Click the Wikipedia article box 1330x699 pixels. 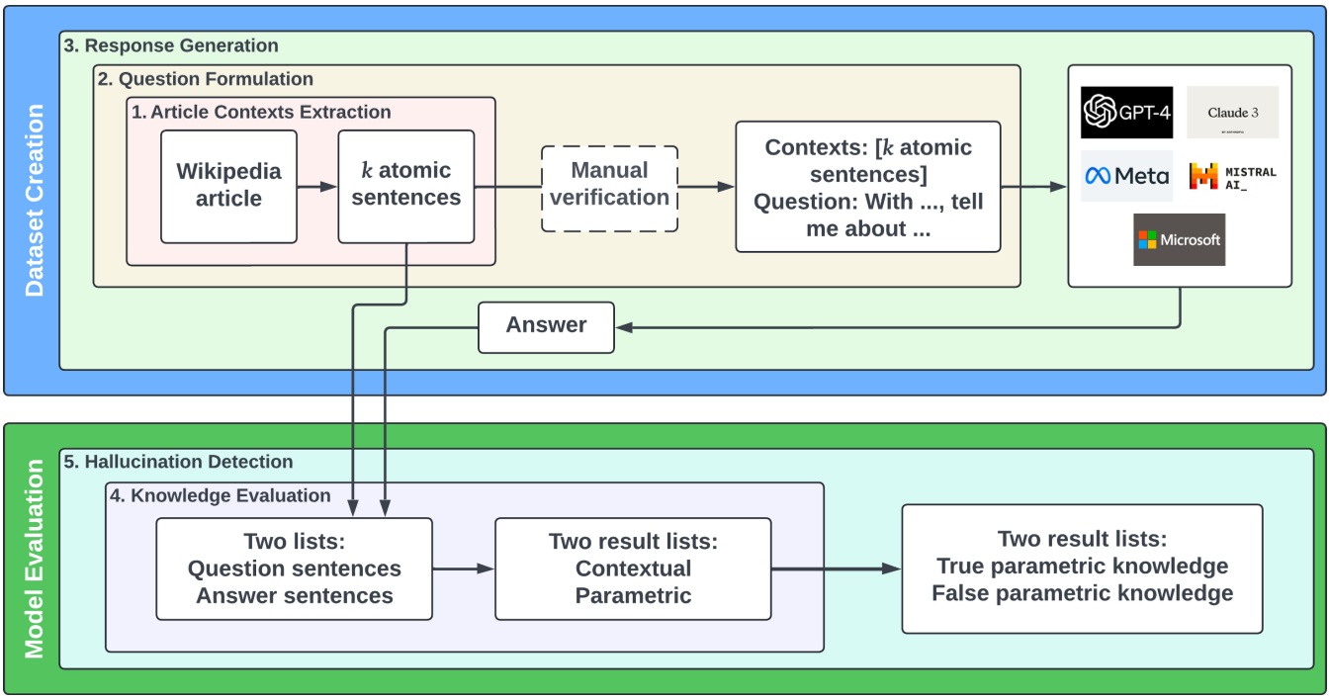tap(228, 186)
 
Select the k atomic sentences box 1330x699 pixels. tap(405, 186)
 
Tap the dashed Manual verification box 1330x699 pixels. tap(609, 188)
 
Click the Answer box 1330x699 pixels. tap(546, 325)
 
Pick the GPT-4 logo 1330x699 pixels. tap(1126, 112)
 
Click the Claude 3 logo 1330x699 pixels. tap(1232, 112)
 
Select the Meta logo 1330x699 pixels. tap(1126, 176)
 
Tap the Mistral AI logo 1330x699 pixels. tap(1232, 176)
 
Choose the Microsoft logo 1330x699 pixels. tap(1179, 239)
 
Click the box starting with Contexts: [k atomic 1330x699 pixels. tap(867, 188)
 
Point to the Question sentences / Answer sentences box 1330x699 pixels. tap(295, 568)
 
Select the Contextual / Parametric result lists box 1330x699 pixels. tap(633, 568)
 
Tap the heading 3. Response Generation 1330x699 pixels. tap(171, 45)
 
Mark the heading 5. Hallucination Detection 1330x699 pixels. tap(179, 462)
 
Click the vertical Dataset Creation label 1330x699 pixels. tap(35, 201)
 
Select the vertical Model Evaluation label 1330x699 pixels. tap(35, 559)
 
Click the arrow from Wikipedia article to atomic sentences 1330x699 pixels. tap(316, 186)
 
